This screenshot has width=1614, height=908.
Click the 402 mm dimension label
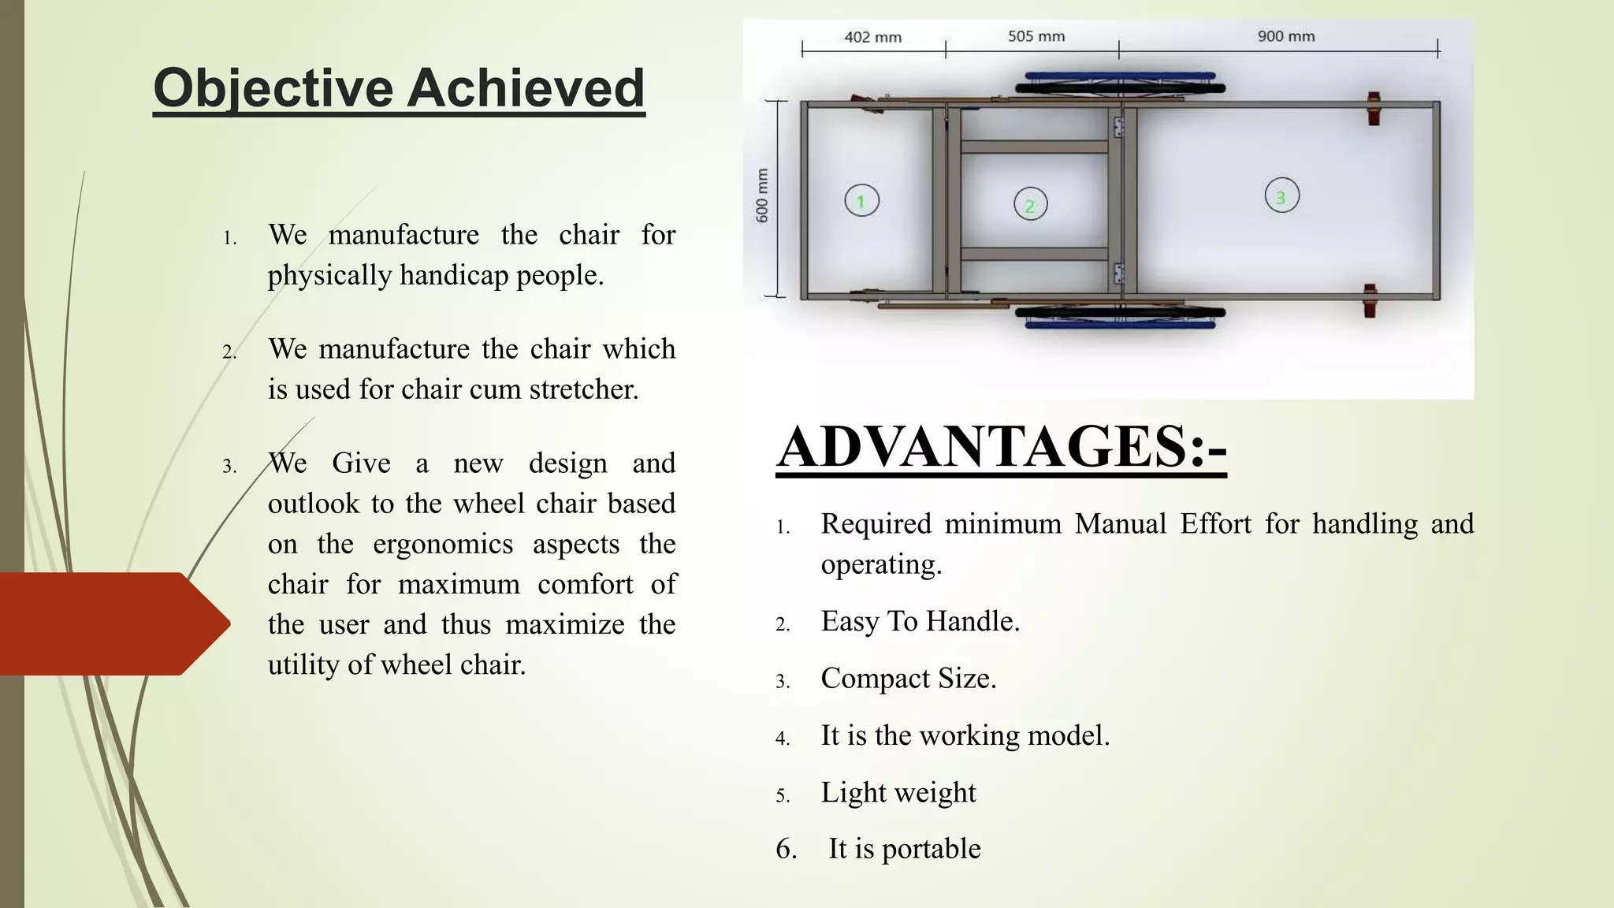pyautogui.click(x=872, y=37)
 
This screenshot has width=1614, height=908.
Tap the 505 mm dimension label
pyautogui.click(x=1036, y=36)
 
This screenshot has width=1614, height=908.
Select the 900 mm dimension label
pyautogui.click(x=1285, y=36)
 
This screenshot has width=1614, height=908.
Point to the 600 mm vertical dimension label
pyautogui.click(x=762, y=195)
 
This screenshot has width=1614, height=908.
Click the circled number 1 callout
pyautogui.click(x=861, y=201)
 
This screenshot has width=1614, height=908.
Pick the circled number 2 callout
pyautogui.click(x=1030, y=205)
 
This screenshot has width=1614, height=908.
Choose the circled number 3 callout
pyautogui.click(x=1281, y=196)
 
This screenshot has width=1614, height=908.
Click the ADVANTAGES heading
pyautogui.click(x=1001, y=447)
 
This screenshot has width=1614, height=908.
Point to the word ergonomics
pyautogui.click(x=443, y=544)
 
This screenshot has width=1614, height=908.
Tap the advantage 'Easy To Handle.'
pyautogui.click(x=920, y=621)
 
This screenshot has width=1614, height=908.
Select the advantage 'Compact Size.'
pyautogui.click(x=908, y=679)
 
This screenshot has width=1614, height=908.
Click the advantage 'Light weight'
pyautogui.click(x=898, y=792)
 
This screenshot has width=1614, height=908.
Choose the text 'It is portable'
pyautogui.click(x=904, y=849)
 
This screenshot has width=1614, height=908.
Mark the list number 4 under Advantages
pyautogui.click(x=782, y=739)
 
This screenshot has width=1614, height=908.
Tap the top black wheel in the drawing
pyautogui.click(x=1120, y=88)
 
